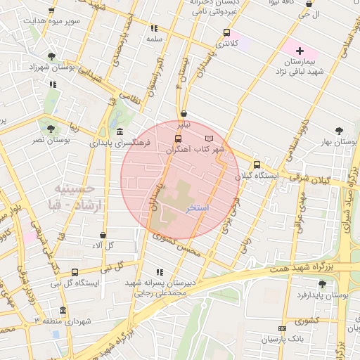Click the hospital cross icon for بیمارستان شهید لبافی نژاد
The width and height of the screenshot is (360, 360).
(x=300, y=51)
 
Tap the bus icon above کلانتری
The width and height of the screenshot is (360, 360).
(x=226, y=32)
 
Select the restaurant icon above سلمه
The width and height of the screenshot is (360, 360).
(x=154, y=29)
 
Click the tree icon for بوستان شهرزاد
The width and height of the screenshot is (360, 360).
(x=51, y=56)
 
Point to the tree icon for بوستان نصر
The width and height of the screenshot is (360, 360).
(x=51, y=128)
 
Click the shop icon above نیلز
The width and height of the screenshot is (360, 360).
(x=184, y=112)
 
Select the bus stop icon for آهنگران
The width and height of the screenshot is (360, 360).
(x=177, y=139)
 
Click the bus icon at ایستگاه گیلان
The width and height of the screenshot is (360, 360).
(x=257, y=164)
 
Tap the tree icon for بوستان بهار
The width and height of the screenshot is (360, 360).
(x=340, y=131)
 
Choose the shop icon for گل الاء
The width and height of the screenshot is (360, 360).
(x=103, y=235)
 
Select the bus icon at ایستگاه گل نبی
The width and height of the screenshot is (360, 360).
(x=75, y=272)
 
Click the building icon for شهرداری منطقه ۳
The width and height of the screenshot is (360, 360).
(x=63, y=310)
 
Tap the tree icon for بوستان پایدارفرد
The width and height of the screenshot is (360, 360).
(x=322, y=284)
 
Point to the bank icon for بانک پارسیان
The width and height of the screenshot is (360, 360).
(x=283, y=328)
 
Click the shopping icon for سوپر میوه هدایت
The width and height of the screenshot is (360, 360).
(x=51, y=11)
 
